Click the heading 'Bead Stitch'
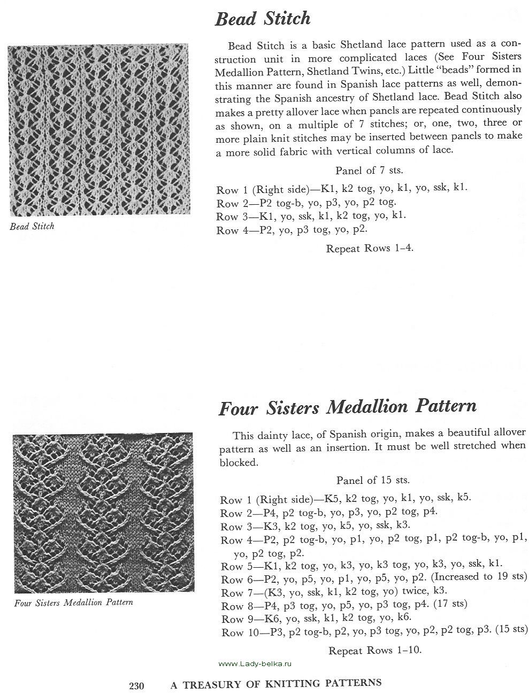[262, 19]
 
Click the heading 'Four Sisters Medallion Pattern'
[347, 407]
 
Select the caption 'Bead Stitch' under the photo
[32, 226]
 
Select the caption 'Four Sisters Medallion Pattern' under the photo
[74, 603]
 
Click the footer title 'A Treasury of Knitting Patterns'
[275, 683]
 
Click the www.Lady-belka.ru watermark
[257, 663]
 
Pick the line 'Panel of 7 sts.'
[369, 171]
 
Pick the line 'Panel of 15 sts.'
[373, 480]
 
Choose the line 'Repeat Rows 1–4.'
[370, 249]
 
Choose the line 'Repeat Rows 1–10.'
[375, 651]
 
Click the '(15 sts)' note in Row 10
[511, 630]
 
